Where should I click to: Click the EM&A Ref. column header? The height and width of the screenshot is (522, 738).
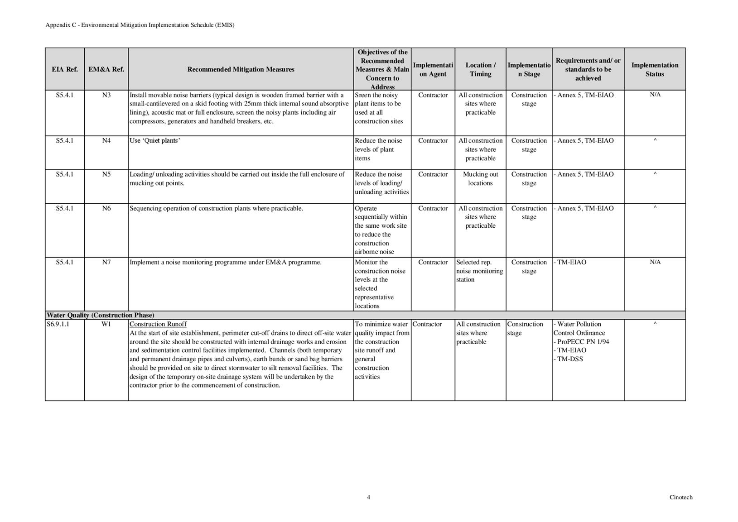click(106, 69)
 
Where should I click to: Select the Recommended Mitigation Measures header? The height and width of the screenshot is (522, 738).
click(241, 69)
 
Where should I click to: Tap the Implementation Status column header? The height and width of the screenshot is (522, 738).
click(655, 69)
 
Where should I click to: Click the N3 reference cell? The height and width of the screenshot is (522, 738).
click(106, 95)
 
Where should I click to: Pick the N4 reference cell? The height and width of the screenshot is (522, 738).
click(106, 140)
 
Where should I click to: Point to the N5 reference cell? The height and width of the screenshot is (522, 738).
click(106, 174)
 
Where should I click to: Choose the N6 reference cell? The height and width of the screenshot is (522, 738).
click(106, 208)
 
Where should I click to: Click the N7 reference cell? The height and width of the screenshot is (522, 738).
click(106, 262)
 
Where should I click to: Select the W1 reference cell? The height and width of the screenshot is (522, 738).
click(106, 324)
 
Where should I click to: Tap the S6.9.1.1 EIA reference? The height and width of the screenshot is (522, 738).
click(58, 324)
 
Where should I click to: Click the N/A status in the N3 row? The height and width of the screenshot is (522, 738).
click(655, 95)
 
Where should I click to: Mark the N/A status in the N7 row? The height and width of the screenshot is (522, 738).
click(655, 262)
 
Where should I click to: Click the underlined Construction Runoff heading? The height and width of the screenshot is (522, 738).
click(158, 324)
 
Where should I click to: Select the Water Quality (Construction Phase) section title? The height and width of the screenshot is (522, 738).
click(100, 315)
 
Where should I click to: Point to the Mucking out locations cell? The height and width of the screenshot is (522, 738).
click(480, 179)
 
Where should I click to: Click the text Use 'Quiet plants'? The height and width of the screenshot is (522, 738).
click(155, 140)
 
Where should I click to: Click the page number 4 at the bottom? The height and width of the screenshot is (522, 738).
click(368, 497)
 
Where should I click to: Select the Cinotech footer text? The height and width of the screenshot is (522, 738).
click(681, 497)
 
